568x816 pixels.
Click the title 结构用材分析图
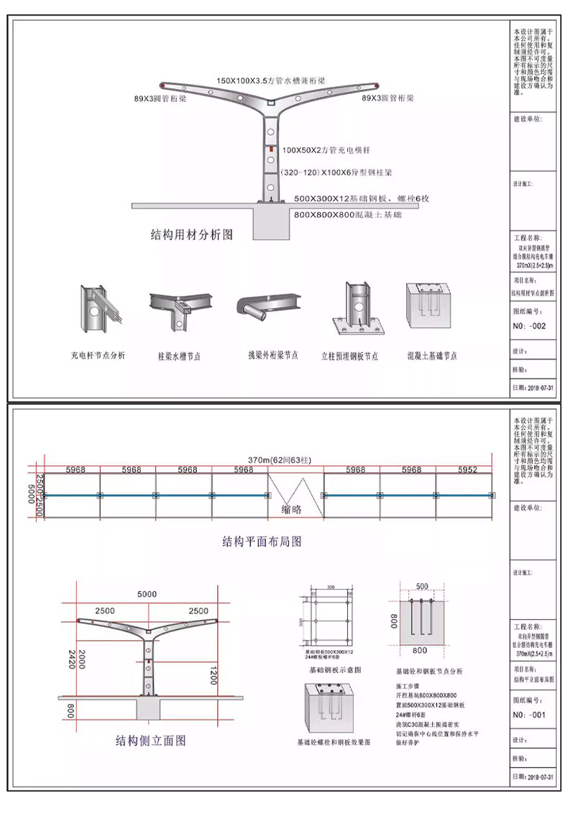pos(191,233)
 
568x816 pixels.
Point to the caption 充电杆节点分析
pos(98,356)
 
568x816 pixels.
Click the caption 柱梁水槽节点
pos(179,356)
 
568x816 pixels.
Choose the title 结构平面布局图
pos(262,542)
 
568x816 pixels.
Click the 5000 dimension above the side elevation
pos(147,595)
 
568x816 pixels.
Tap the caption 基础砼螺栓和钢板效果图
pos(334,741)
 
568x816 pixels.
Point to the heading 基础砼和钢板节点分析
pos(430,672)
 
